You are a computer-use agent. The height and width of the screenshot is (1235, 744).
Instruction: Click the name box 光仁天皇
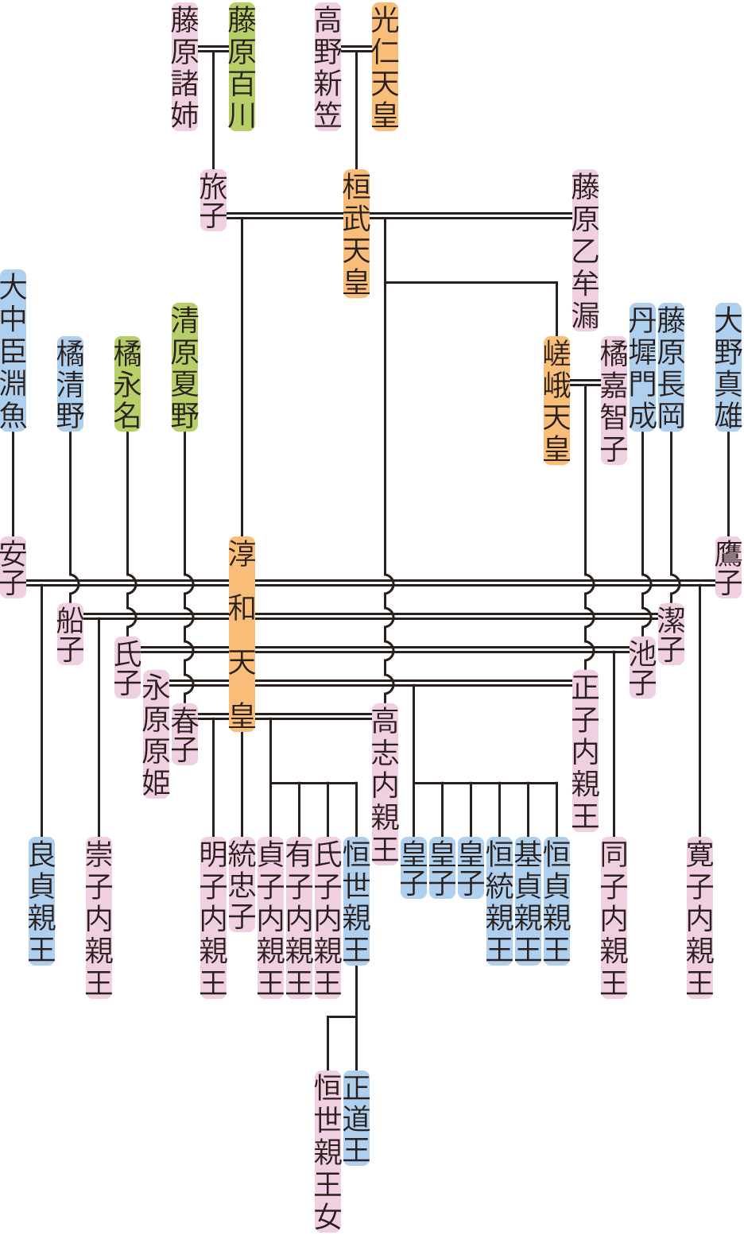(x=385, y=67)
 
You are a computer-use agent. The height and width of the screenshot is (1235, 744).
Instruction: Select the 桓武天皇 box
(x=356, y=234)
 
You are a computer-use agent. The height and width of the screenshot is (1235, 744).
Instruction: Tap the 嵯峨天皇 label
(x=557, y=400)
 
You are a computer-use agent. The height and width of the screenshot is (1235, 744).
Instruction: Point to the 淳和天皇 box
(x=242, y=633)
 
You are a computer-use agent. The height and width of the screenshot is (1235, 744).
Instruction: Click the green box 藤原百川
(x=242, y=67)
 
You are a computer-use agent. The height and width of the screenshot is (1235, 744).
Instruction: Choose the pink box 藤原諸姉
(x=184, y=67)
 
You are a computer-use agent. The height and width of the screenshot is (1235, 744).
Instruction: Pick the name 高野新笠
(x=327, y=67)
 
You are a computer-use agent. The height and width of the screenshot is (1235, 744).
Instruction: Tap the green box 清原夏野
(x=184, y=367)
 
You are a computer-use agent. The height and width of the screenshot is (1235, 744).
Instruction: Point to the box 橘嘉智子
(x=614, y=400)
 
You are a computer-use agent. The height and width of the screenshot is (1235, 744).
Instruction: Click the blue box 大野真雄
(x=729, y=367)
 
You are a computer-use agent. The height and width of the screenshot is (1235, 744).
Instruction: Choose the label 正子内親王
(x=586, y=750)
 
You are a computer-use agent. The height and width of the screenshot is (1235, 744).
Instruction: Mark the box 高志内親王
(x=385, y=783)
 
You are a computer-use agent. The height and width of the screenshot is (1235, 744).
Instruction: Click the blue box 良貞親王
(x=41, y=900)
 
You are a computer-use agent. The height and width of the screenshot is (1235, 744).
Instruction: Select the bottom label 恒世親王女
(x=327, y=1151)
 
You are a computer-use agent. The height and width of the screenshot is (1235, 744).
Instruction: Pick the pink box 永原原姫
(x=156, y=734)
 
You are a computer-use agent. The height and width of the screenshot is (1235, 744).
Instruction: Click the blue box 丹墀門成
(x=642, y=367)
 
